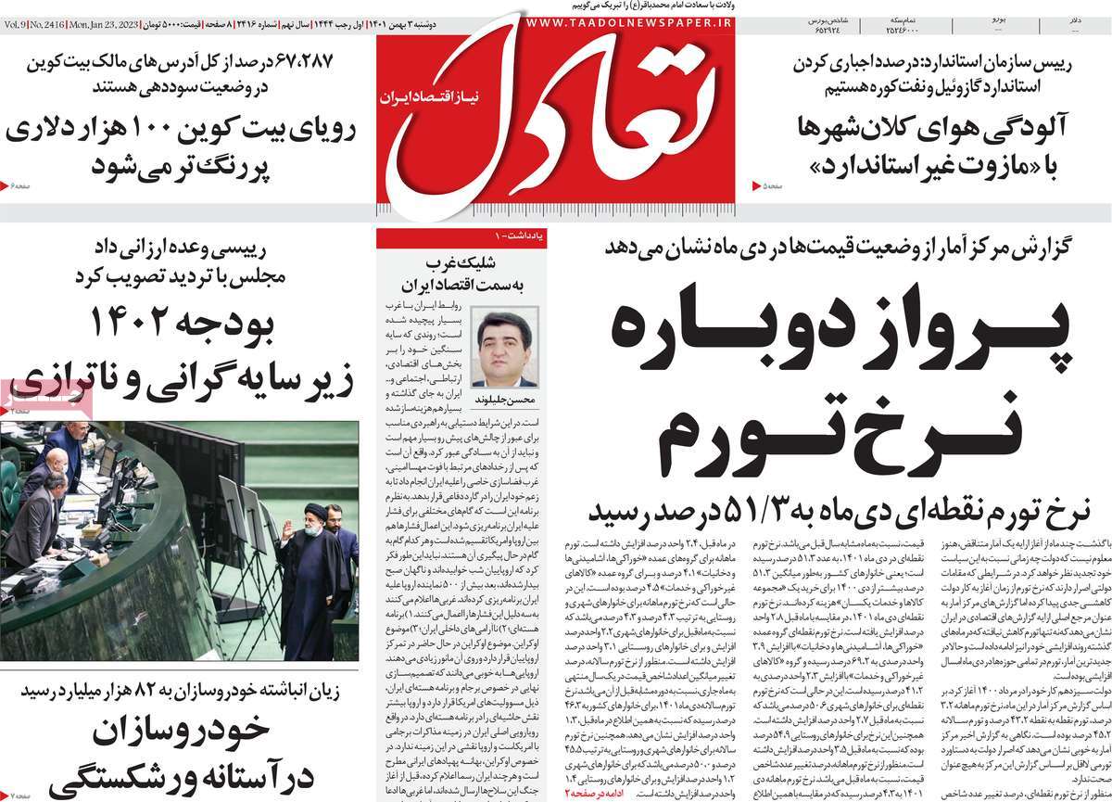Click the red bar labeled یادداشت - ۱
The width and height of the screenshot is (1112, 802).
(x=463, y=238)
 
